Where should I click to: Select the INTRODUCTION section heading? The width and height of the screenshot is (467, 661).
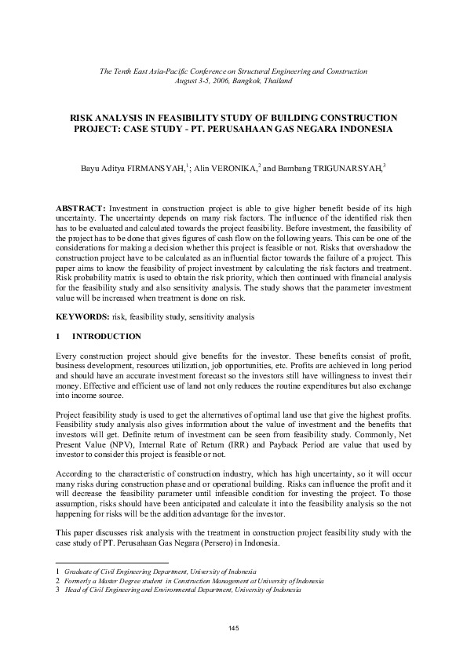click(107, 337)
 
